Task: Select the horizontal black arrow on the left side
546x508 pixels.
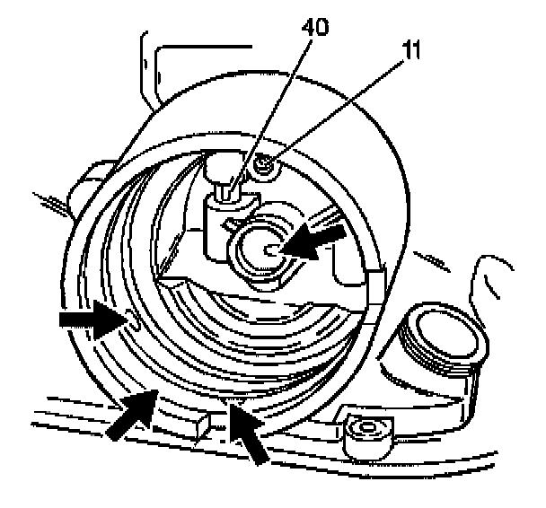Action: pyautogui.click(x=86, y=319)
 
